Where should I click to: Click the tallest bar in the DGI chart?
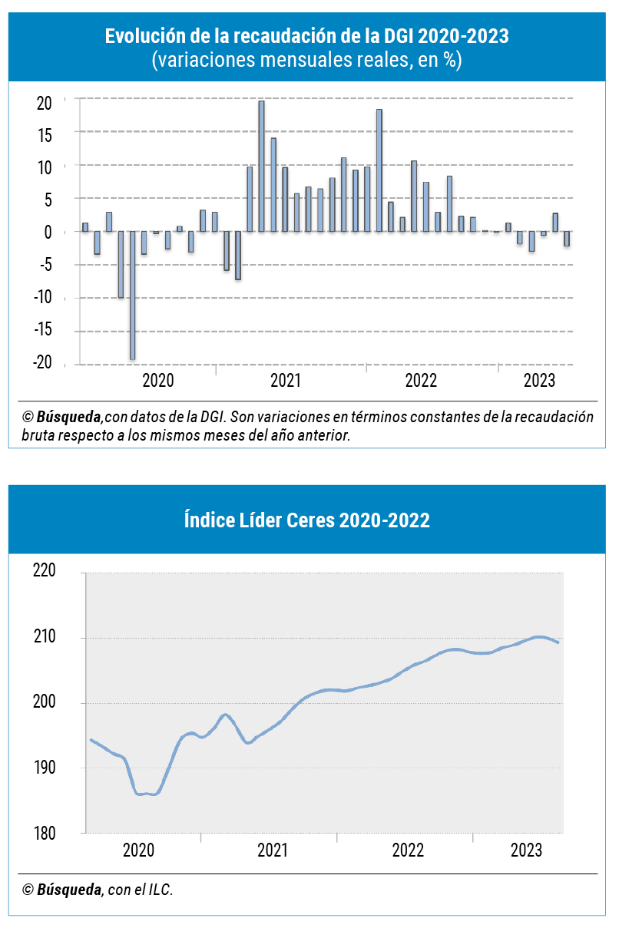coord(261,166)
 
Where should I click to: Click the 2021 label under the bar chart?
coord(285,380)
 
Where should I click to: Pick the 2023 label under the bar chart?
coord(539,380)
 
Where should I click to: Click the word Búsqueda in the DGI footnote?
coord(69,417)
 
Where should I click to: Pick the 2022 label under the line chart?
coord(408,850)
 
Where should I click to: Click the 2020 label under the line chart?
coord(139,850)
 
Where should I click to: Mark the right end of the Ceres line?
coord(558,642)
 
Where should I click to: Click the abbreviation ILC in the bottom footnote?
coord(161,890)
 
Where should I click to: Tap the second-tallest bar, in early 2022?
coord(379,170)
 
